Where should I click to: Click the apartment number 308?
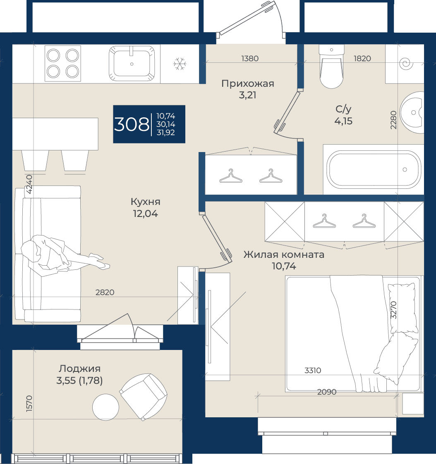(132, 124)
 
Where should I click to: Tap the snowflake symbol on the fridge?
(180, 64)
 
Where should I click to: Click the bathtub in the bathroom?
(374, 169)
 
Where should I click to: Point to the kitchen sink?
(132, 63)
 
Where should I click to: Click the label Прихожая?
(248, 84)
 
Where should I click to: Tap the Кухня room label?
(146, 202)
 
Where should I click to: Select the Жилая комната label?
(284, 255)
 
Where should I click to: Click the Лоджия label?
(80, 369)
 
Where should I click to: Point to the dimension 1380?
(250, 59)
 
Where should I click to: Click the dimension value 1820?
(362, 59)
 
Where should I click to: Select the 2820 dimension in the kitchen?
(105, 293)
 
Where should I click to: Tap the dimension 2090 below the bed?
(327, 392)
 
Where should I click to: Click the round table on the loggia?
(106, 407)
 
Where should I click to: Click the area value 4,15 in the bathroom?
(343, 121)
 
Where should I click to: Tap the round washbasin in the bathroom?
(412, 112)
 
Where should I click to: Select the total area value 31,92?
(165, 133)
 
